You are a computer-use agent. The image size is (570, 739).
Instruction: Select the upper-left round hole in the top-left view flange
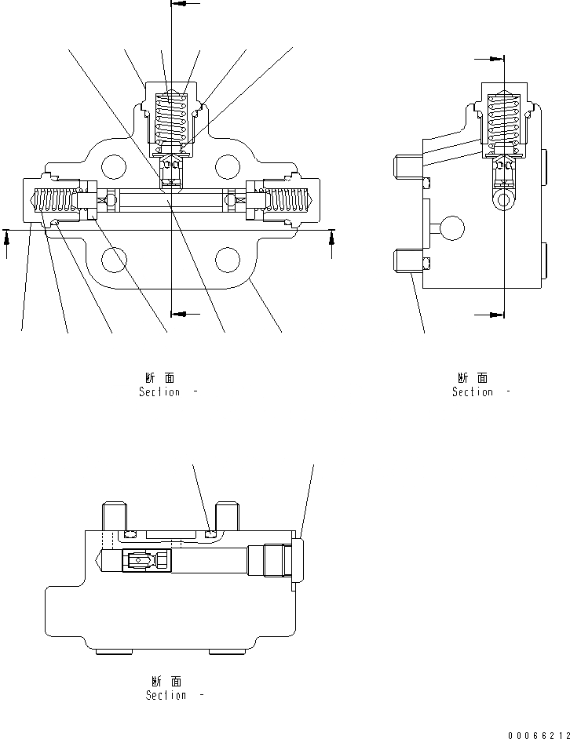[x=113, y=166]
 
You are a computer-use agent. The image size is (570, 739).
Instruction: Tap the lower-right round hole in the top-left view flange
[x=227, y=259]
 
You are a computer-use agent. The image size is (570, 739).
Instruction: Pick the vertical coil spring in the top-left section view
[x=171, y=121]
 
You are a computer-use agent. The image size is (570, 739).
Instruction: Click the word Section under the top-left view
[x=159, y=392]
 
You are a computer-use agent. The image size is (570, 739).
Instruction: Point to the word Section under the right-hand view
[x=472, y=392]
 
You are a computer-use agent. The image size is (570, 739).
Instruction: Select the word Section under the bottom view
[x=166, y=696]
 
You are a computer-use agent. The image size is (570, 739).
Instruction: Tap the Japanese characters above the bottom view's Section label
[x=166, y=682]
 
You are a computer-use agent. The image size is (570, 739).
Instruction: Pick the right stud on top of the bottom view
[x=227, y=515]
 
